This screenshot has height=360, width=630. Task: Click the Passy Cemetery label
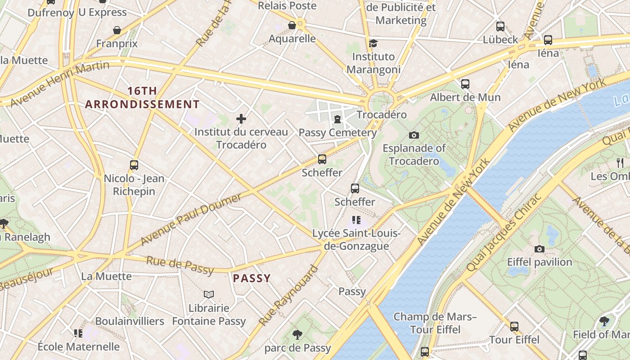337,133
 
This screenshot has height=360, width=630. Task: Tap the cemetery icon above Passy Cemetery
337,119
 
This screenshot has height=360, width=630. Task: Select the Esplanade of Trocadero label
414,154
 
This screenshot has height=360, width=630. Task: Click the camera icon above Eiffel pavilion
539,249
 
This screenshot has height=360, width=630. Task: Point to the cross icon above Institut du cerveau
241,119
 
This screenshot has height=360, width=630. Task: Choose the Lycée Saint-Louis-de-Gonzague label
356,240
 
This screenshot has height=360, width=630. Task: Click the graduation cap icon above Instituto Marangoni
373,43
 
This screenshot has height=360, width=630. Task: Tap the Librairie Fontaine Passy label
209,315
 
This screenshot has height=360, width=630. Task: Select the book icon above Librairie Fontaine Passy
208,294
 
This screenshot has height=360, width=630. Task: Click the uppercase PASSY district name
252,279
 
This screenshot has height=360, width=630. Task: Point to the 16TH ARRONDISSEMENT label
142,98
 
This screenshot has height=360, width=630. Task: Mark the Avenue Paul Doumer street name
191,219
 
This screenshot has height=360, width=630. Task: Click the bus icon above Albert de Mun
465,84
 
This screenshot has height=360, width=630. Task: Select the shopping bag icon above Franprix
117,30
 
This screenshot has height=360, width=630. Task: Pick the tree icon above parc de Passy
297,334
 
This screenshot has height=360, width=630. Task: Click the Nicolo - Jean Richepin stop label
134,185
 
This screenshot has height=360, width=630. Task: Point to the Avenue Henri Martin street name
59,84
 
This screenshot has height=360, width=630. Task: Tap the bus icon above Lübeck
500,26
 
